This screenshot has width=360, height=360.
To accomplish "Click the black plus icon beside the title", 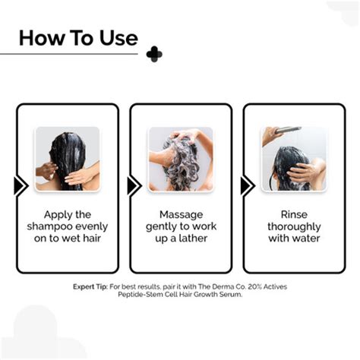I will pyautogui.click(x=154, y=53).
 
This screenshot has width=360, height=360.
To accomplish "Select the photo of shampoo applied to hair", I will pyautogui.click(x=68, y=159).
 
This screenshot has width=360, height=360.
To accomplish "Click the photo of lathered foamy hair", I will pyautogui.click(x=180, y=159).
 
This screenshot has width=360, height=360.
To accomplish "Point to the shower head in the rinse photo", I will pyautogui.click(x=288, y=131).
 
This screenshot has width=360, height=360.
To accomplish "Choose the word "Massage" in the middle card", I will pyautogui.click(x=180, y=214).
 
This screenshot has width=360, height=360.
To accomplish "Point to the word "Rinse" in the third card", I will pyautogui.click(x=293, y=214).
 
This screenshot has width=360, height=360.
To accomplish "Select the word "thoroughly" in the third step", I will pyautogui.click(x=293, y=226).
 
